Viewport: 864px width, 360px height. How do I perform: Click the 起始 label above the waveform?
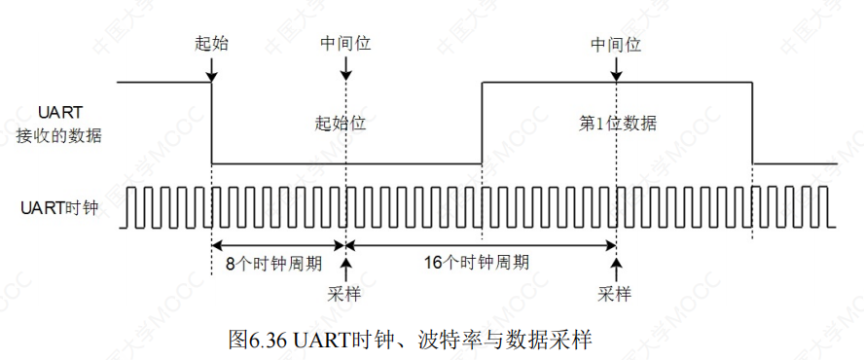[212, 44]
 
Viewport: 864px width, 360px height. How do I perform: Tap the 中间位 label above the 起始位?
[345, 44]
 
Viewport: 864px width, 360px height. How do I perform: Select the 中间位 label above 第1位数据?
[616, 44]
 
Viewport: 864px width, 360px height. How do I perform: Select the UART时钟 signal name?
[60, 206]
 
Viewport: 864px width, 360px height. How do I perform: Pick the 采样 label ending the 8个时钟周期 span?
[345, 293]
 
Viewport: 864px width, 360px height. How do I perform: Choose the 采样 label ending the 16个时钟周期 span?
[616, 293]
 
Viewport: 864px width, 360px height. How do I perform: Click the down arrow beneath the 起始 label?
[212, 70]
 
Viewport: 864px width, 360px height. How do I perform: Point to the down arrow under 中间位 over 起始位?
[345, 70]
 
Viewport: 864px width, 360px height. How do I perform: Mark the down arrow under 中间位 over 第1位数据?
[616, 70]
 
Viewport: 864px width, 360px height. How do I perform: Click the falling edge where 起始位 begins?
[212, 124]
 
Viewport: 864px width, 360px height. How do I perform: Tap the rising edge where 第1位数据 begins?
[483, 124]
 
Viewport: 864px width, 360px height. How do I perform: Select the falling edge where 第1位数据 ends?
[752, 124]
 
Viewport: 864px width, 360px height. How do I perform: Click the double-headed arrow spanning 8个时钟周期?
[278, 245]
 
